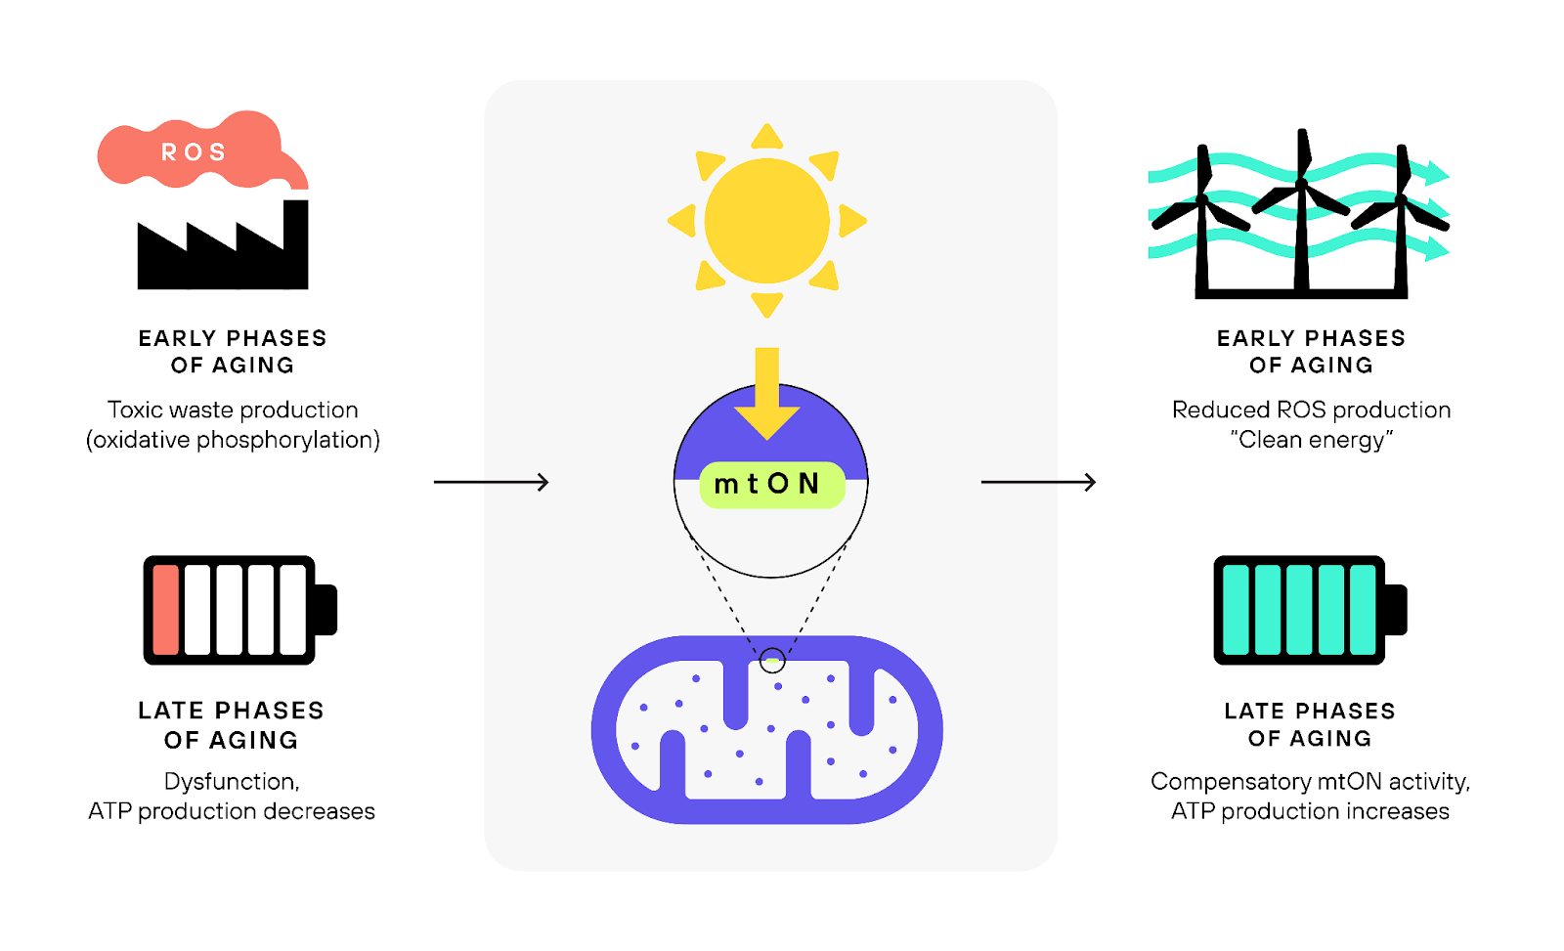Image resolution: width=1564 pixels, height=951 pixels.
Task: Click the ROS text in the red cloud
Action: pos(194,152)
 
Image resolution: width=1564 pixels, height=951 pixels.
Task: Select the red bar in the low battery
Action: pos(166,610)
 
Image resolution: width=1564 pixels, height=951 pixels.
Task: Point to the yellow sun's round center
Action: pos(767,221)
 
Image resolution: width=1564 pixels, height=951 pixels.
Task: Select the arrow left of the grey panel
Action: pos(492,482)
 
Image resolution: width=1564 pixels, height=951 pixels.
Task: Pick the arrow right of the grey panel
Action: pos(1038,482)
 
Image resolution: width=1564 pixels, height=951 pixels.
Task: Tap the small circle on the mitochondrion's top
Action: pos(772,661)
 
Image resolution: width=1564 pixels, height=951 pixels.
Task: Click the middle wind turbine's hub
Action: pos(1301,183)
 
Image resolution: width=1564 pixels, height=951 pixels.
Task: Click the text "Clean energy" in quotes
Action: pos(1311,440)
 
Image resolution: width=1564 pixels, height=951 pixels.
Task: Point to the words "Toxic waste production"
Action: pos(233,410)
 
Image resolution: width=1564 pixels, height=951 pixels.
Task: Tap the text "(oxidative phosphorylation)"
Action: pos(233,440)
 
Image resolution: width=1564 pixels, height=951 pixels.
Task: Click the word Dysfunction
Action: pos(231,782)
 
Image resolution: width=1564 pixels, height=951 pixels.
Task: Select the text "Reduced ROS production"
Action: pos(1311,410)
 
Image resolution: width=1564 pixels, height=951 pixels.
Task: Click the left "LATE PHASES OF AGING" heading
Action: pos(231,725)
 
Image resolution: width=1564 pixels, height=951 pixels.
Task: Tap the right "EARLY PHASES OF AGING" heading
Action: pos(1311,352)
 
